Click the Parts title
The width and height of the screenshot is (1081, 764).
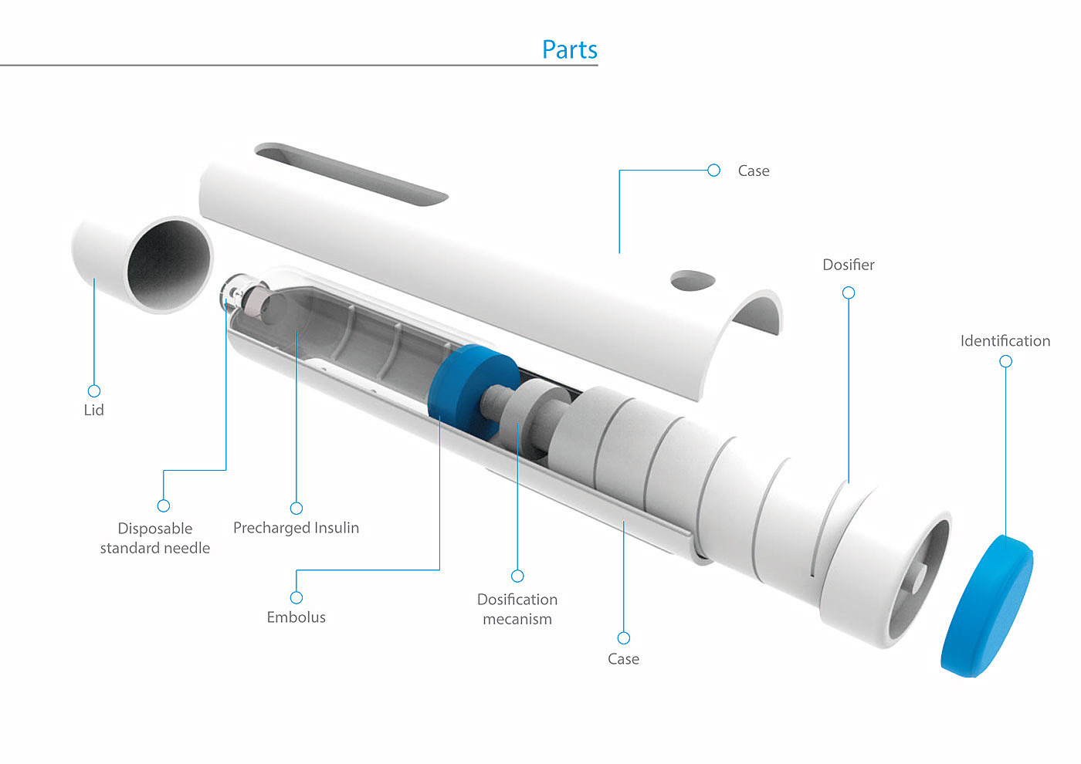[570, 49]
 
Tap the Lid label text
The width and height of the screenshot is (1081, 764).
[93, 410]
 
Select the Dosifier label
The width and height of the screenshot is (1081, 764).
[849, 265]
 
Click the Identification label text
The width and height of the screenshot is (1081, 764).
[1005, 341]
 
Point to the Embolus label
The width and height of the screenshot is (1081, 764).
[297, 617]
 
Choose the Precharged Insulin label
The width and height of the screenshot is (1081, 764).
[297, 528]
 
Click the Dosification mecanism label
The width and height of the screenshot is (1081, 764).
[517, 609]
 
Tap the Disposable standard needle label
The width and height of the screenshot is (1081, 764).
[155, 539]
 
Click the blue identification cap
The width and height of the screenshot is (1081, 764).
[988, 607]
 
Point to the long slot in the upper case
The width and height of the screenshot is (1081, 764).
[351, 174]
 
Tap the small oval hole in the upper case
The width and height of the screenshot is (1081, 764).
[693, 280]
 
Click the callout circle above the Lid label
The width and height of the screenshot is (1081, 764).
[94, 390]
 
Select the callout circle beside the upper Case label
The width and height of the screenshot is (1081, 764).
[713, 171]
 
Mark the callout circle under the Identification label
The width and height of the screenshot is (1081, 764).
[1005, 361]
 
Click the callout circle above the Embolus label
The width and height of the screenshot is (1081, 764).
[297, 597]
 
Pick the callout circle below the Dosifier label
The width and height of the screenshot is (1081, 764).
[849, 292]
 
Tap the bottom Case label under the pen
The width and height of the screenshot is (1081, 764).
[624, 659]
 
